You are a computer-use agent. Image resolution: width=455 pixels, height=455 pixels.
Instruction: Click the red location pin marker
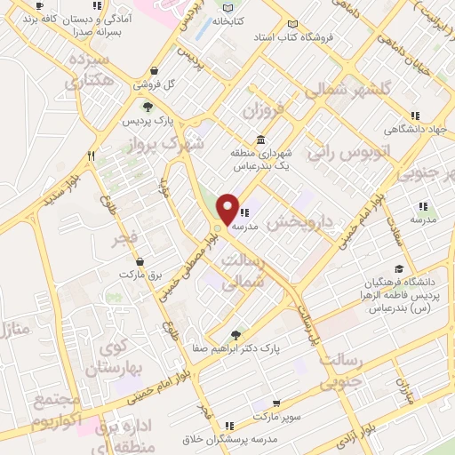227,209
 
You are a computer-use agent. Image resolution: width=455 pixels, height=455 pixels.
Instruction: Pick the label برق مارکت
142,276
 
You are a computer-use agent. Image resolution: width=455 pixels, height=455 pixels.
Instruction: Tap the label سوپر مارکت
275,416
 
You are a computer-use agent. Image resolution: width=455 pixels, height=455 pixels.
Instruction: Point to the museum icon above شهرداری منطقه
259,140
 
